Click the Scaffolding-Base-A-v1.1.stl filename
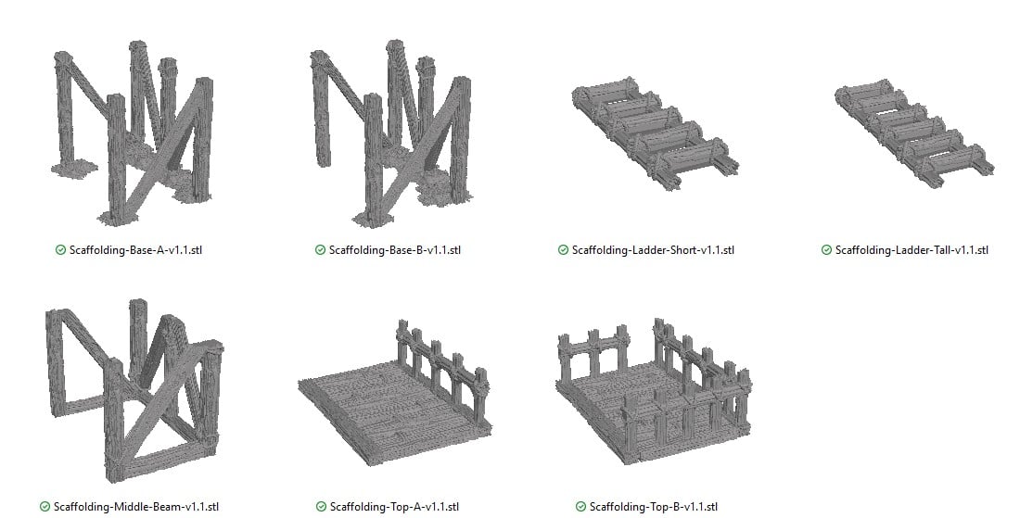coord(135,250)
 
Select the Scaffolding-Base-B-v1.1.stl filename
coord(395,250)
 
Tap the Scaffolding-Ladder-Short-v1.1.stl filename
coord(653,250)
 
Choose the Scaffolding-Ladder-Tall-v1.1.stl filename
coord(912,250)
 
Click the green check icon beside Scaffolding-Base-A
coord(60,250)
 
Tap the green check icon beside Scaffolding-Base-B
coord(320,250)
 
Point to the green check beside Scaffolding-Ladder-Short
coord(563,250)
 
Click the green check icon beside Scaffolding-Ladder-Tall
coord(826,250)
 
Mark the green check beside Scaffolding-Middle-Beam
coord(45,507)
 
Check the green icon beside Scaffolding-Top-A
coord(321,507)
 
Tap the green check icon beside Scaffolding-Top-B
coord(580,507)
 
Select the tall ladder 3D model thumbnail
coord(912,131)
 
